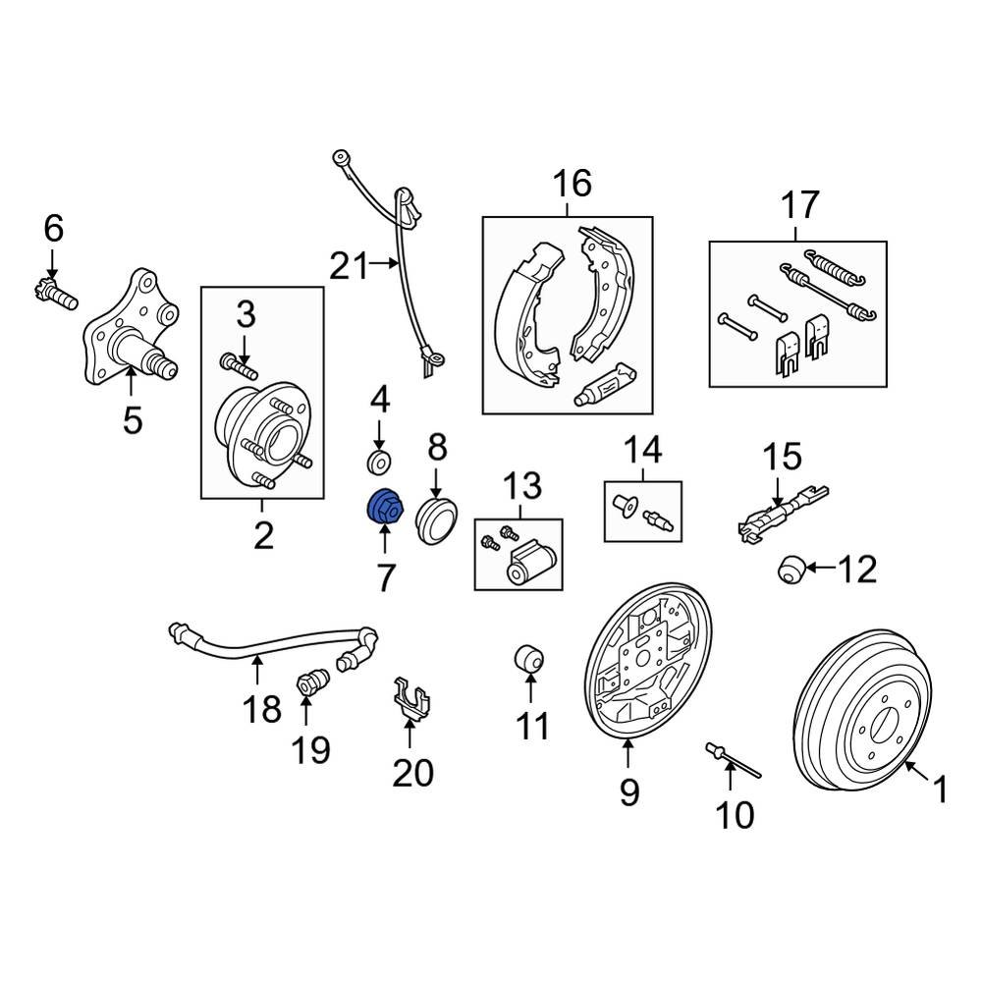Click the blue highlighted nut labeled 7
[382, 508]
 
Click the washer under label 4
[379, 462]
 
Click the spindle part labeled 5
[132, 329]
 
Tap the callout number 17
[799, 205]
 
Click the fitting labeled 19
[313, 681]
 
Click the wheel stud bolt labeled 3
[239, 369]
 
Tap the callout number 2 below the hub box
[262, 535]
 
